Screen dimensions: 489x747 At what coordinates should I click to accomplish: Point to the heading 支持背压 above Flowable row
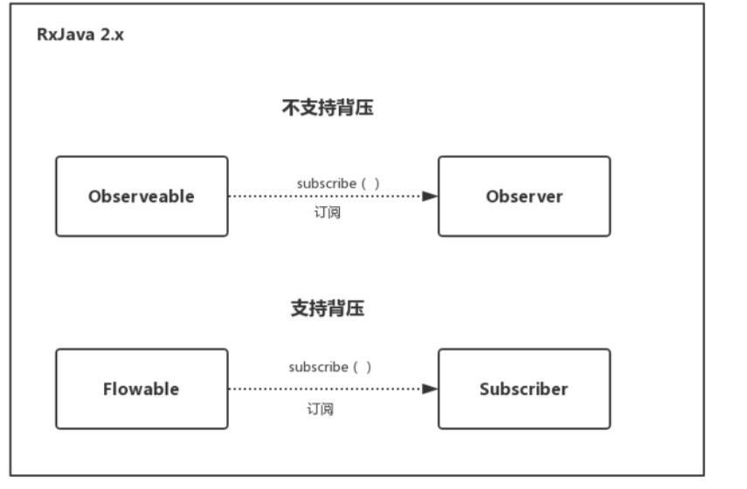pos(327,308)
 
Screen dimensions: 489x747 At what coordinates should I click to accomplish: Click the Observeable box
pos(142,196)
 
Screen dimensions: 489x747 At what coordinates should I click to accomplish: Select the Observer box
pos(524,196)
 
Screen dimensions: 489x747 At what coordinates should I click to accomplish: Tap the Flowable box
pos(142,389)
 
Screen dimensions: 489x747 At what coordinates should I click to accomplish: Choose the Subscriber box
pos(524,389)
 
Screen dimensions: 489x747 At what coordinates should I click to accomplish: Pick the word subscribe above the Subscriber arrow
pos(318,368)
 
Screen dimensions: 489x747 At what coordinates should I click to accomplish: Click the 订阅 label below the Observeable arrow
pos(327,213)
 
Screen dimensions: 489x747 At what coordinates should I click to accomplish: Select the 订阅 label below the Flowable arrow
pos(320,409)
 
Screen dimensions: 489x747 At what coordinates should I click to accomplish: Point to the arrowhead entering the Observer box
pos(429,196)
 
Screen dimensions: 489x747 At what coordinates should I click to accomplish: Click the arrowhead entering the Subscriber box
pos(429,389)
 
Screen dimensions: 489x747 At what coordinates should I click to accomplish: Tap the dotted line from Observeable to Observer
pos(323,196)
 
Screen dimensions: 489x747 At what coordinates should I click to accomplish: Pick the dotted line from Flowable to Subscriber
pos(323,389)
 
